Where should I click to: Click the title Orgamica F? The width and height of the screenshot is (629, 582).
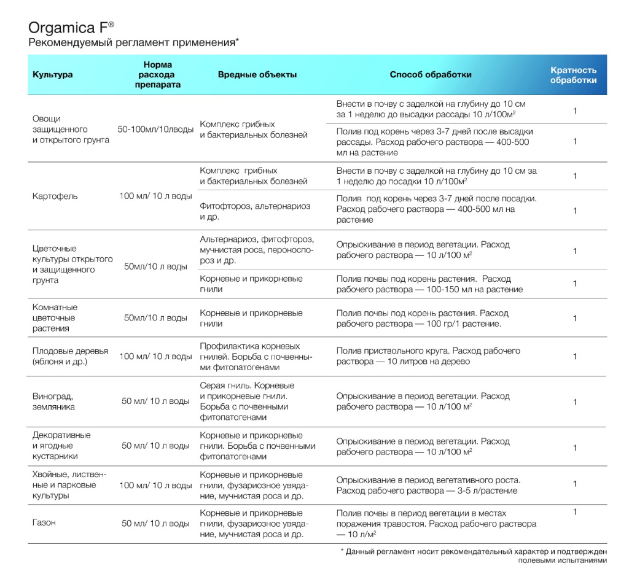point(71,28)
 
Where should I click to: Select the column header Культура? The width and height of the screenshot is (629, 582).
point(53,75)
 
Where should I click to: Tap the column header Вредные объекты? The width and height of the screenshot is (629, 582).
point(257,75)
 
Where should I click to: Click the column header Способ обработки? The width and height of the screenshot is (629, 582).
point(431,75)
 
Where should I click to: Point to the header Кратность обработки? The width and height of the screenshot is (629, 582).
point(573,75)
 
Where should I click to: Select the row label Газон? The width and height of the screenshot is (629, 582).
point(44,523)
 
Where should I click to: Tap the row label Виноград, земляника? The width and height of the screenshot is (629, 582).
point(54,402)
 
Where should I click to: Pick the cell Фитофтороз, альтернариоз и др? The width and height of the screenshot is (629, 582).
point(255,211)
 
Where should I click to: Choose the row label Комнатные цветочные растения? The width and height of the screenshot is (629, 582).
point(55,318)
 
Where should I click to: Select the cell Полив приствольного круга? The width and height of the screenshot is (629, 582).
point(428,357)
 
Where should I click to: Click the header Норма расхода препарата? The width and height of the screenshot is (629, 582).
point(158,75)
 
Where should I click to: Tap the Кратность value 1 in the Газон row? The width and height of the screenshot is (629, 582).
point(575,512)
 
